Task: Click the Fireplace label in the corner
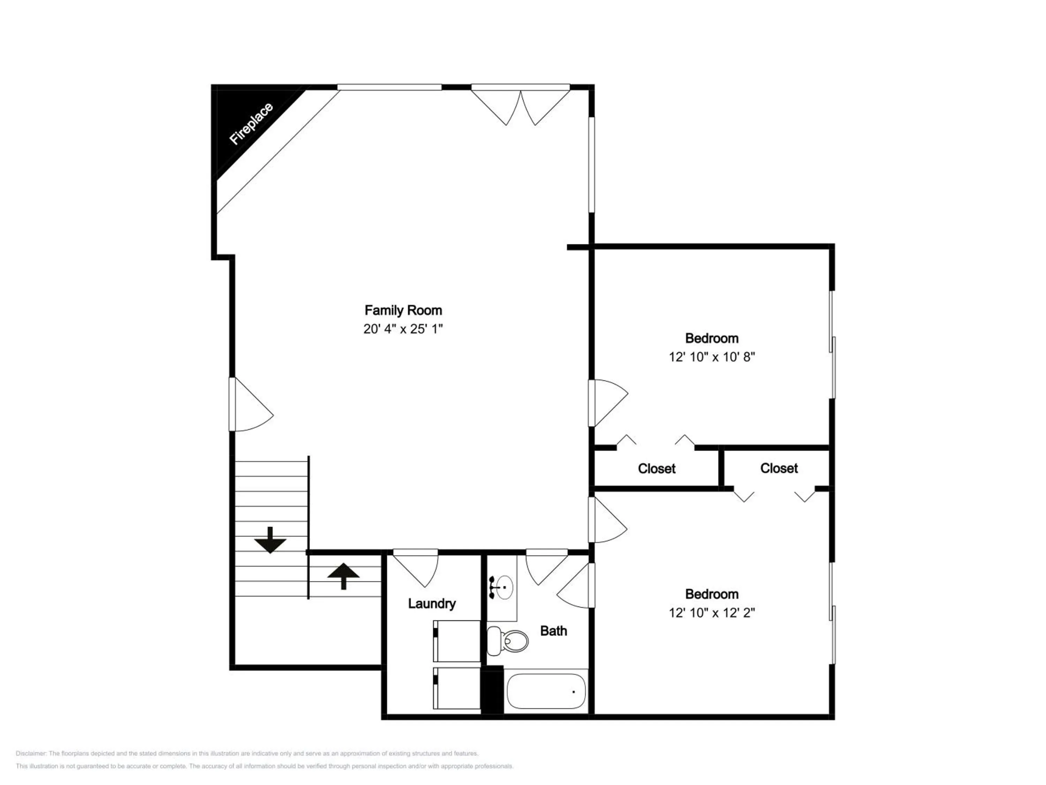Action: (x=251, y=124)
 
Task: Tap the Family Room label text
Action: (x=403, y=311)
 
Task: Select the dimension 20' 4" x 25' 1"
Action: (x=403, y=329)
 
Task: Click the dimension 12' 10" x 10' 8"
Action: (x=712, y=357)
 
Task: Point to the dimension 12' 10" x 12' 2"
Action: (x=712, y=613)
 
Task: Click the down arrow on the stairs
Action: (x=270, y=540)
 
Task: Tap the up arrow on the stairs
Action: (x=343, y=576)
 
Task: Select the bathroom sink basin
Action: (x=504, y=587)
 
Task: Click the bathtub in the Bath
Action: (x=546, y=691)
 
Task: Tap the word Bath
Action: (x=553, y=631)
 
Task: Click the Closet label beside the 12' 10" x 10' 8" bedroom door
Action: (x=656, y=469)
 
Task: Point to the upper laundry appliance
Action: (x=457, y=641)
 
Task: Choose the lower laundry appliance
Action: (x=457, y=688)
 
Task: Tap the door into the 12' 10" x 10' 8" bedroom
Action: (x=608, y=403)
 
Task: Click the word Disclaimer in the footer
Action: (x=31, y=753)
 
